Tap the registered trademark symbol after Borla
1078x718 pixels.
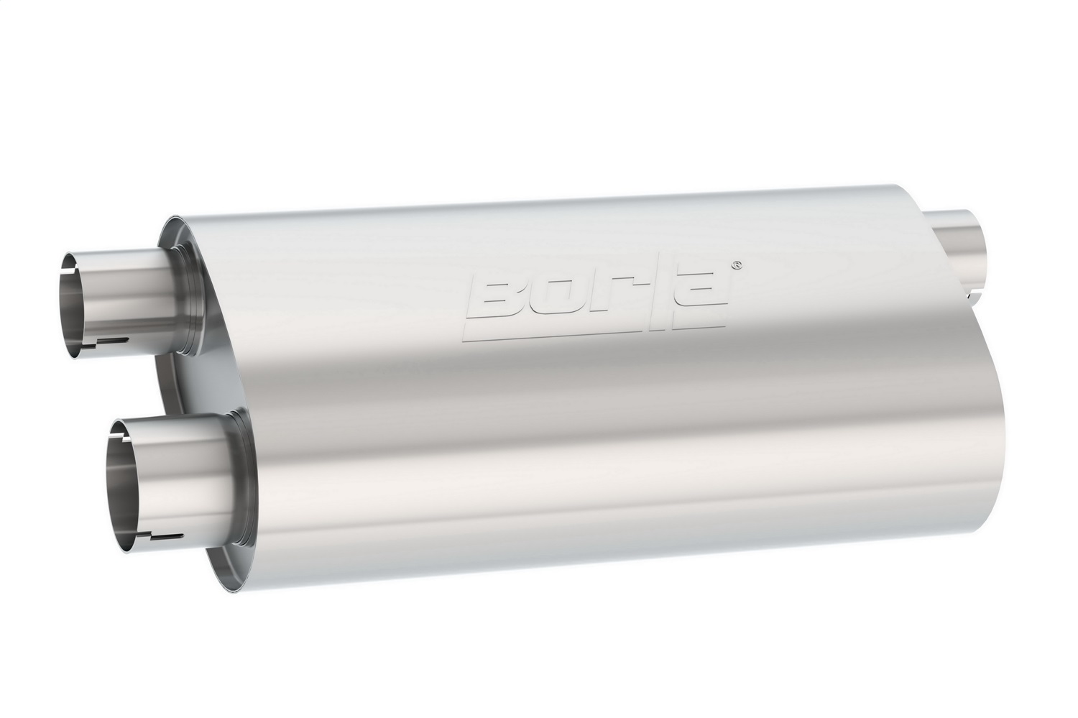735,265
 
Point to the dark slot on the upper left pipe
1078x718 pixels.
112,339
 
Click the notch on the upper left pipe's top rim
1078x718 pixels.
66,255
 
